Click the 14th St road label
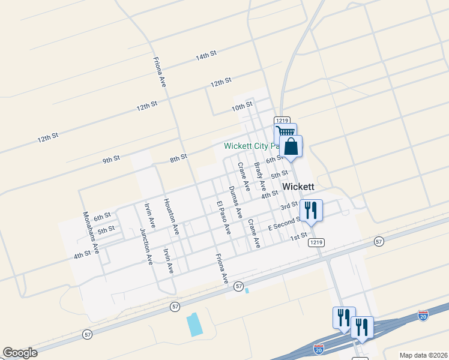pos(205,56)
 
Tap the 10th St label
pos(242,106)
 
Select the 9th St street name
pos(111,160)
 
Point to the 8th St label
pos(178,158)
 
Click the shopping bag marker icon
pos(291,146)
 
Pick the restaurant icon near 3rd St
pos(311,210)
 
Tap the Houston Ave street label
pos(172,216)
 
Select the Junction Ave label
pos(146,246)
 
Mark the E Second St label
pos(283,224)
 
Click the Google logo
pos(20,353)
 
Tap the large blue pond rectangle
pos(194,324)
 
